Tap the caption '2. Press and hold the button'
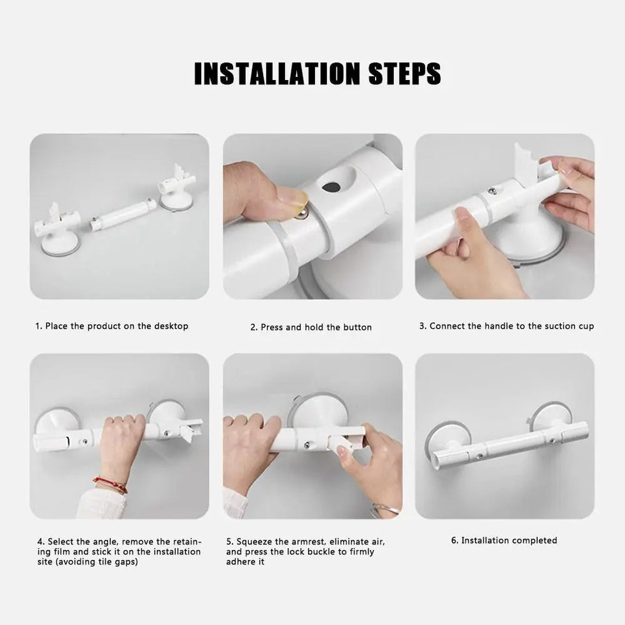pos(311,327)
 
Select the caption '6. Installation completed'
pos(504,540)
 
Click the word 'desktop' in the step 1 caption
pos(171,326)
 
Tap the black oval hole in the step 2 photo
pos(331,187)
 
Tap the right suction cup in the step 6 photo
pos(550,417)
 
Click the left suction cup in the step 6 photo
pos(444,436)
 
